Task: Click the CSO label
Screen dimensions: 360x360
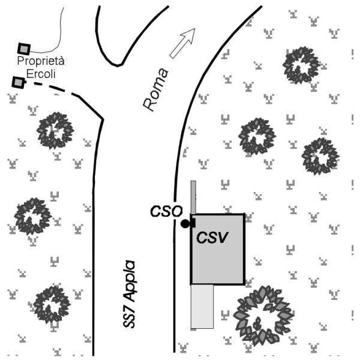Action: coord(166,211)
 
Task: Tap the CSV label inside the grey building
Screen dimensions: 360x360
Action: coord(212,238)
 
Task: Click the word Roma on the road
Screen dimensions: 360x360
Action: coord(156,89)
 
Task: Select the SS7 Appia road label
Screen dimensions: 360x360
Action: coord(129,294)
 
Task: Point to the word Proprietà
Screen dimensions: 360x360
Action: coord(41,61)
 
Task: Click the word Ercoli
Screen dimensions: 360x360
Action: coord(41,74)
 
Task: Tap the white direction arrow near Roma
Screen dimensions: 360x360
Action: coord(182,43)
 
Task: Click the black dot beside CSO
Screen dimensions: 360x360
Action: coord(185,224)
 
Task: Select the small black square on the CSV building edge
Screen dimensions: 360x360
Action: coord(193,223)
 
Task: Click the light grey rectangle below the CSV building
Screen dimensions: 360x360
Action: coord(202,307)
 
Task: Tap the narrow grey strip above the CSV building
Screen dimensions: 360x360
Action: coord(193,197)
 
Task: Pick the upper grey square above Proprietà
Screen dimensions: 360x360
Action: coord(24,49)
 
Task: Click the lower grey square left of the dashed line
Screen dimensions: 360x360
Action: coord(18,82)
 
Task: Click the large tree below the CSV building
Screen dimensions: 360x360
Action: coord(263,316)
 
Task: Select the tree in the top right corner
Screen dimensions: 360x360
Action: coord(301,65)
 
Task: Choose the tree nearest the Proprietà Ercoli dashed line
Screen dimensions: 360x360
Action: coord(55,131)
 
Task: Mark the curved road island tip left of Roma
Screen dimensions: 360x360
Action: coord(118,66)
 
